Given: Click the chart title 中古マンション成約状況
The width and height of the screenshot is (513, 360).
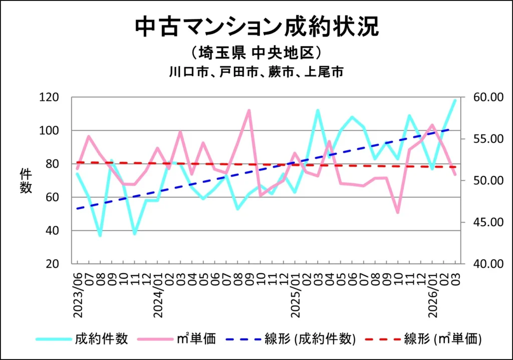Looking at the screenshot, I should (256, 27).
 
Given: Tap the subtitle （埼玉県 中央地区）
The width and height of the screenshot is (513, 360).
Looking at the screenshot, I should (256, 53).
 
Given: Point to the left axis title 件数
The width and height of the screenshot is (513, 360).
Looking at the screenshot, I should (26, 181).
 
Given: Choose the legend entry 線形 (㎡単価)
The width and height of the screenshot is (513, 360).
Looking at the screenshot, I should (443, 339).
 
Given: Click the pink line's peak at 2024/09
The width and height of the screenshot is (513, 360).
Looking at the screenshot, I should (249, 110).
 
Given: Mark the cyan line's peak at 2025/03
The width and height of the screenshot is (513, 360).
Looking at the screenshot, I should (318, 110).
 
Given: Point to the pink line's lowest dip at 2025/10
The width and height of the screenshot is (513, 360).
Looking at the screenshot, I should (398, 213).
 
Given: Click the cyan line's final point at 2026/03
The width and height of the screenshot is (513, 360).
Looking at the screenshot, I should (455, 100).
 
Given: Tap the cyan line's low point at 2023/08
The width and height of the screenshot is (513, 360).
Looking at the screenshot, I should (100, 235).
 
